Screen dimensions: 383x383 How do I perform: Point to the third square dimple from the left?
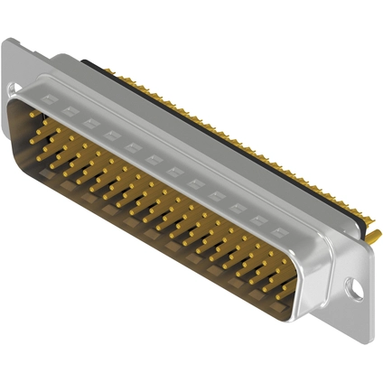pyautogui.click(x=89, y=123)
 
